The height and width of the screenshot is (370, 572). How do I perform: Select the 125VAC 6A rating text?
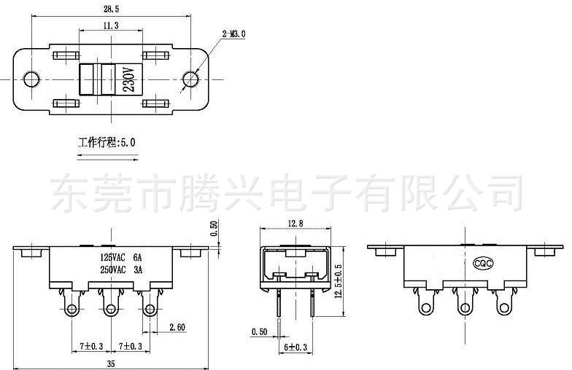coord(121,257)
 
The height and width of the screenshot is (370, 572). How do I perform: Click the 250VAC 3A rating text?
coord(121,269)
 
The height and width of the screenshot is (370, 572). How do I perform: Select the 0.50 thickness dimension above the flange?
coord(214,228)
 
